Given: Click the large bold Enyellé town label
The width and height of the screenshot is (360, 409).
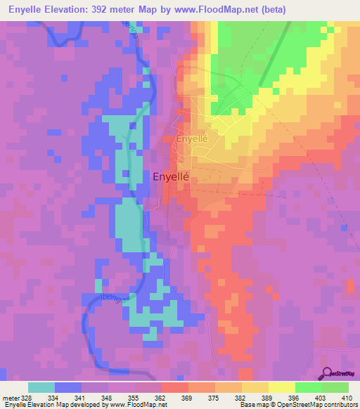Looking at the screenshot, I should (174, 178).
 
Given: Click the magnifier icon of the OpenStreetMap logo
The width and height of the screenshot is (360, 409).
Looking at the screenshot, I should (326, 372).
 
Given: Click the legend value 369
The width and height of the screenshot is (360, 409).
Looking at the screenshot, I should (174, 396).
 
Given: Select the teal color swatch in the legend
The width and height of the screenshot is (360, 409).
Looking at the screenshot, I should (41, 387).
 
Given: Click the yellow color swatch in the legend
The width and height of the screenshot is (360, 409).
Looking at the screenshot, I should (281, 387).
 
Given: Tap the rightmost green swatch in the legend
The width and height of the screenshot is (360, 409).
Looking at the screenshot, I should (335, 387).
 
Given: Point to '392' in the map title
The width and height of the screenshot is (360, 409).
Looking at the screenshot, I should (124, 10).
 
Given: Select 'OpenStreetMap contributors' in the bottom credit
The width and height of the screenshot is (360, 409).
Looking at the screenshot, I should (317, 405).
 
